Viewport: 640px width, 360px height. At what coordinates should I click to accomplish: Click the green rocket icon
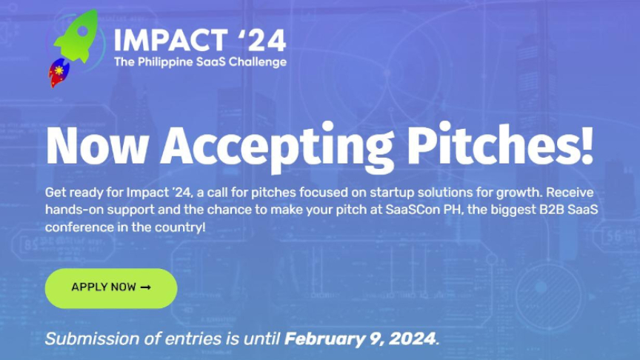click(x=79, y=37)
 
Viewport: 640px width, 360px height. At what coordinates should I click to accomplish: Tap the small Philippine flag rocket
click(x=59, y=73)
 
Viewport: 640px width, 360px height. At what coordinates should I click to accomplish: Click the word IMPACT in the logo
click(x=170, y=41)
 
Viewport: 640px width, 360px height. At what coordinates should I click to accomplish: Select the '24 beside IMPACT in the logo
click(x=261, y=40)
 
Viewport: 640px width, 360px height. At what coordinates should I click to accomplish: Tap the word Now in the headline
click(x=97, y=145)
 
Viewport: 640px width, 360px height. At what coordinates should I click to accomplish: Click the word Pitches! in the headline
click(x=500, y=143)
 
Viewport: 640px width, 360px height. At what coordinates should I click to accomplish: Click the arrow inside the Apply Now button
click(x=146, y=287)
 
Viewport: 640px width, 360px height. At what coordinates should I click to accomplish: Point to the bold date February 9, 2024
click(x=360, y=339)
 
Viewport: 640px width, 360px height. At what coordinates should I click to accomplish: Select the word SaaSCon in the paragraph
click(x=413, y=210)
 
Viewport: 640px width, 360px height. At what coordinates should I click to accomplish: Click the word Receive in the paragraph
click(x=570, y=193)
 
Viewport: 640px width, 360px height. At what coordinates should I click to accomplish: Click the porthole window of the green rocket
click(x=83, y=30)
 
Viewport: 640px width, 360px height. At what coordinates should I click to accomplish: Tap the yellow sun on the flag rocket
click(x=59, y=70)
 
